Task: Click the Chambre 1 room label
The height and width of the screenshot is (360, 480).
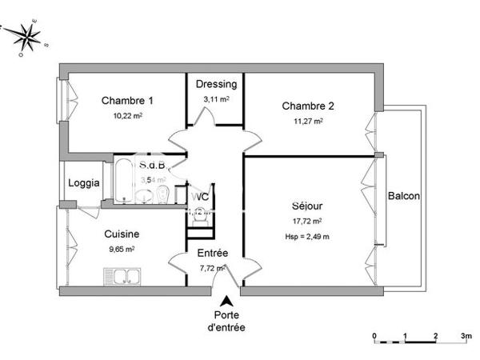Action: coord(127,101)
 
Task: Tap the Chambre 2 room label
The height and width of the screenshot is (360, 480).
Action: coord(308,106)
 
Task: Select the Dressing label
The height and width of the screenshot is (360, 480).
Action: coord(216,84)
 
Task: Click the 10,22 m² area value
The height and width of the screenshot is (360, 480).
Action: coord(127,115)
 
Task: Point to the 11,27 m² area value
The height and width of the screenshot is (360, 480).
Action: coord(308,122)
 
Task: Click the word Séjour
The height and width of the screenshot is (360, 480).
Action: coord(308,206)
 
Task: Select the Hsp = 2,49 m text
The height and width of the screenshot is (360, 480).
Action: coord(308,236)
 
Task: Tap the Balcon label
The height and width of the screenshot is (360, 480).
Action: coord(403,196)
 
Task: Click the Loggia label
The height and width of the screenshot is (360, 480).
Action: coord(83,182)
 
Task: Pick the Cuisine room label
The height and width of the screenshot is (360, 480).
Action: coord(122,234)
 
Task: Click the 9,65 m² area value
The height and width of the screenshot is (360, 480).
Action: coord(122,249)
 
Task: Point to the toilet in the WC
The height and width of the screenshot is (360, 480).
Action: coord(201,213)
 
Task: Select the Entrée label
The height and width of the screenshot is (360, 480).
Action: coord(212,254)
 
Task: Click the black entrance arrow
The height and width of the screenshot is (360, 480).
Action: coord(226,302)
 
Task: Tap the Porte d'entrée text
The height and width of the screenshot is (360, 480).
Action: coord(227,321)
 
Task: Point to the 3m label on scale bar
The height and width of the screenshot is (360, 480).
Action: coord(466,335)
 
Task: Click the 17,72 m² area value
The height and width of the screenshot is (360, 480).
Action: coord(308,221)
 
